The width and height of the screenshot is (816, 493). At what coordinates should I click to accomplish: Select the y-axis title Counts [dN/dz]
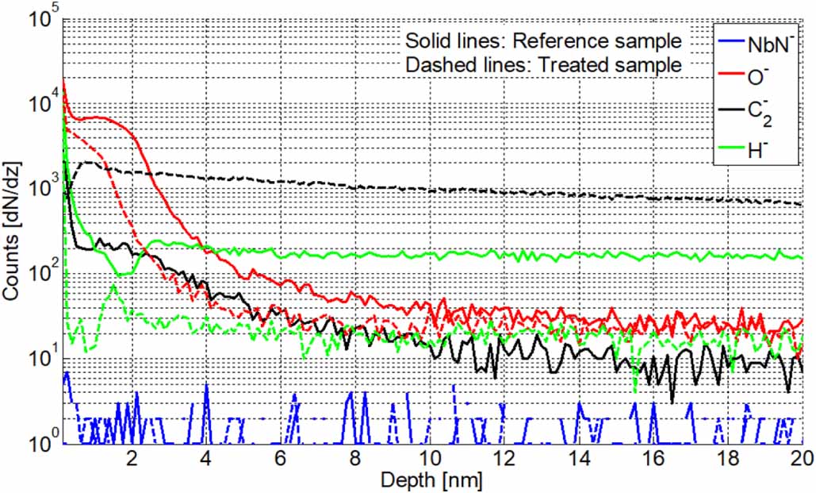[12, 230]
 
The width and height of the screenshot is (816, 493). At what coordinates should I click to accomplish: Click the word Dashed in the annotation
[433, 65]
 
